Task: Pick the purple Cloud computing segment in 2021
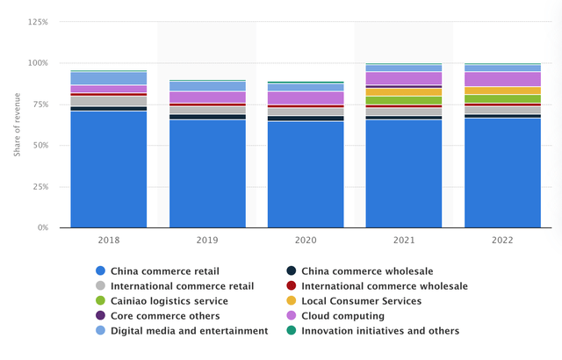click(x=404, y=78)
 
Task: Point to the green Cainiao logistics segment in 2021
click(x=404, y=100)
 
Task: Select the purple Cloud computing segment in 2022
click(x=502, y=79)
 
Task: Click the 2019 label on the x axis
click(x=206, y=238)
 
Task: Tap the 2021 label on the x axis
click(x=404, y=238)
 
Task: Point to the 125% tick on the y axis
click(x=37, y=22)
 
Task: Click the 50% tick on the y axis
click(x=40, y=146)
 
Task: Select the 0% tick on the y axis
click(x=42, y=227)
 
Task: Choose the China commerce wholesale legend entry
click(x=362, y=270)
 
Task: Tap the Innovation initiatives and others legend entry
click(x=379, y=330)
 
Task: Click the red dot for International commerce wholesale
click(x=292, y=285)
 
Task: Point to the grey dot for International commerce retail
click(x=100, y=285)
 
